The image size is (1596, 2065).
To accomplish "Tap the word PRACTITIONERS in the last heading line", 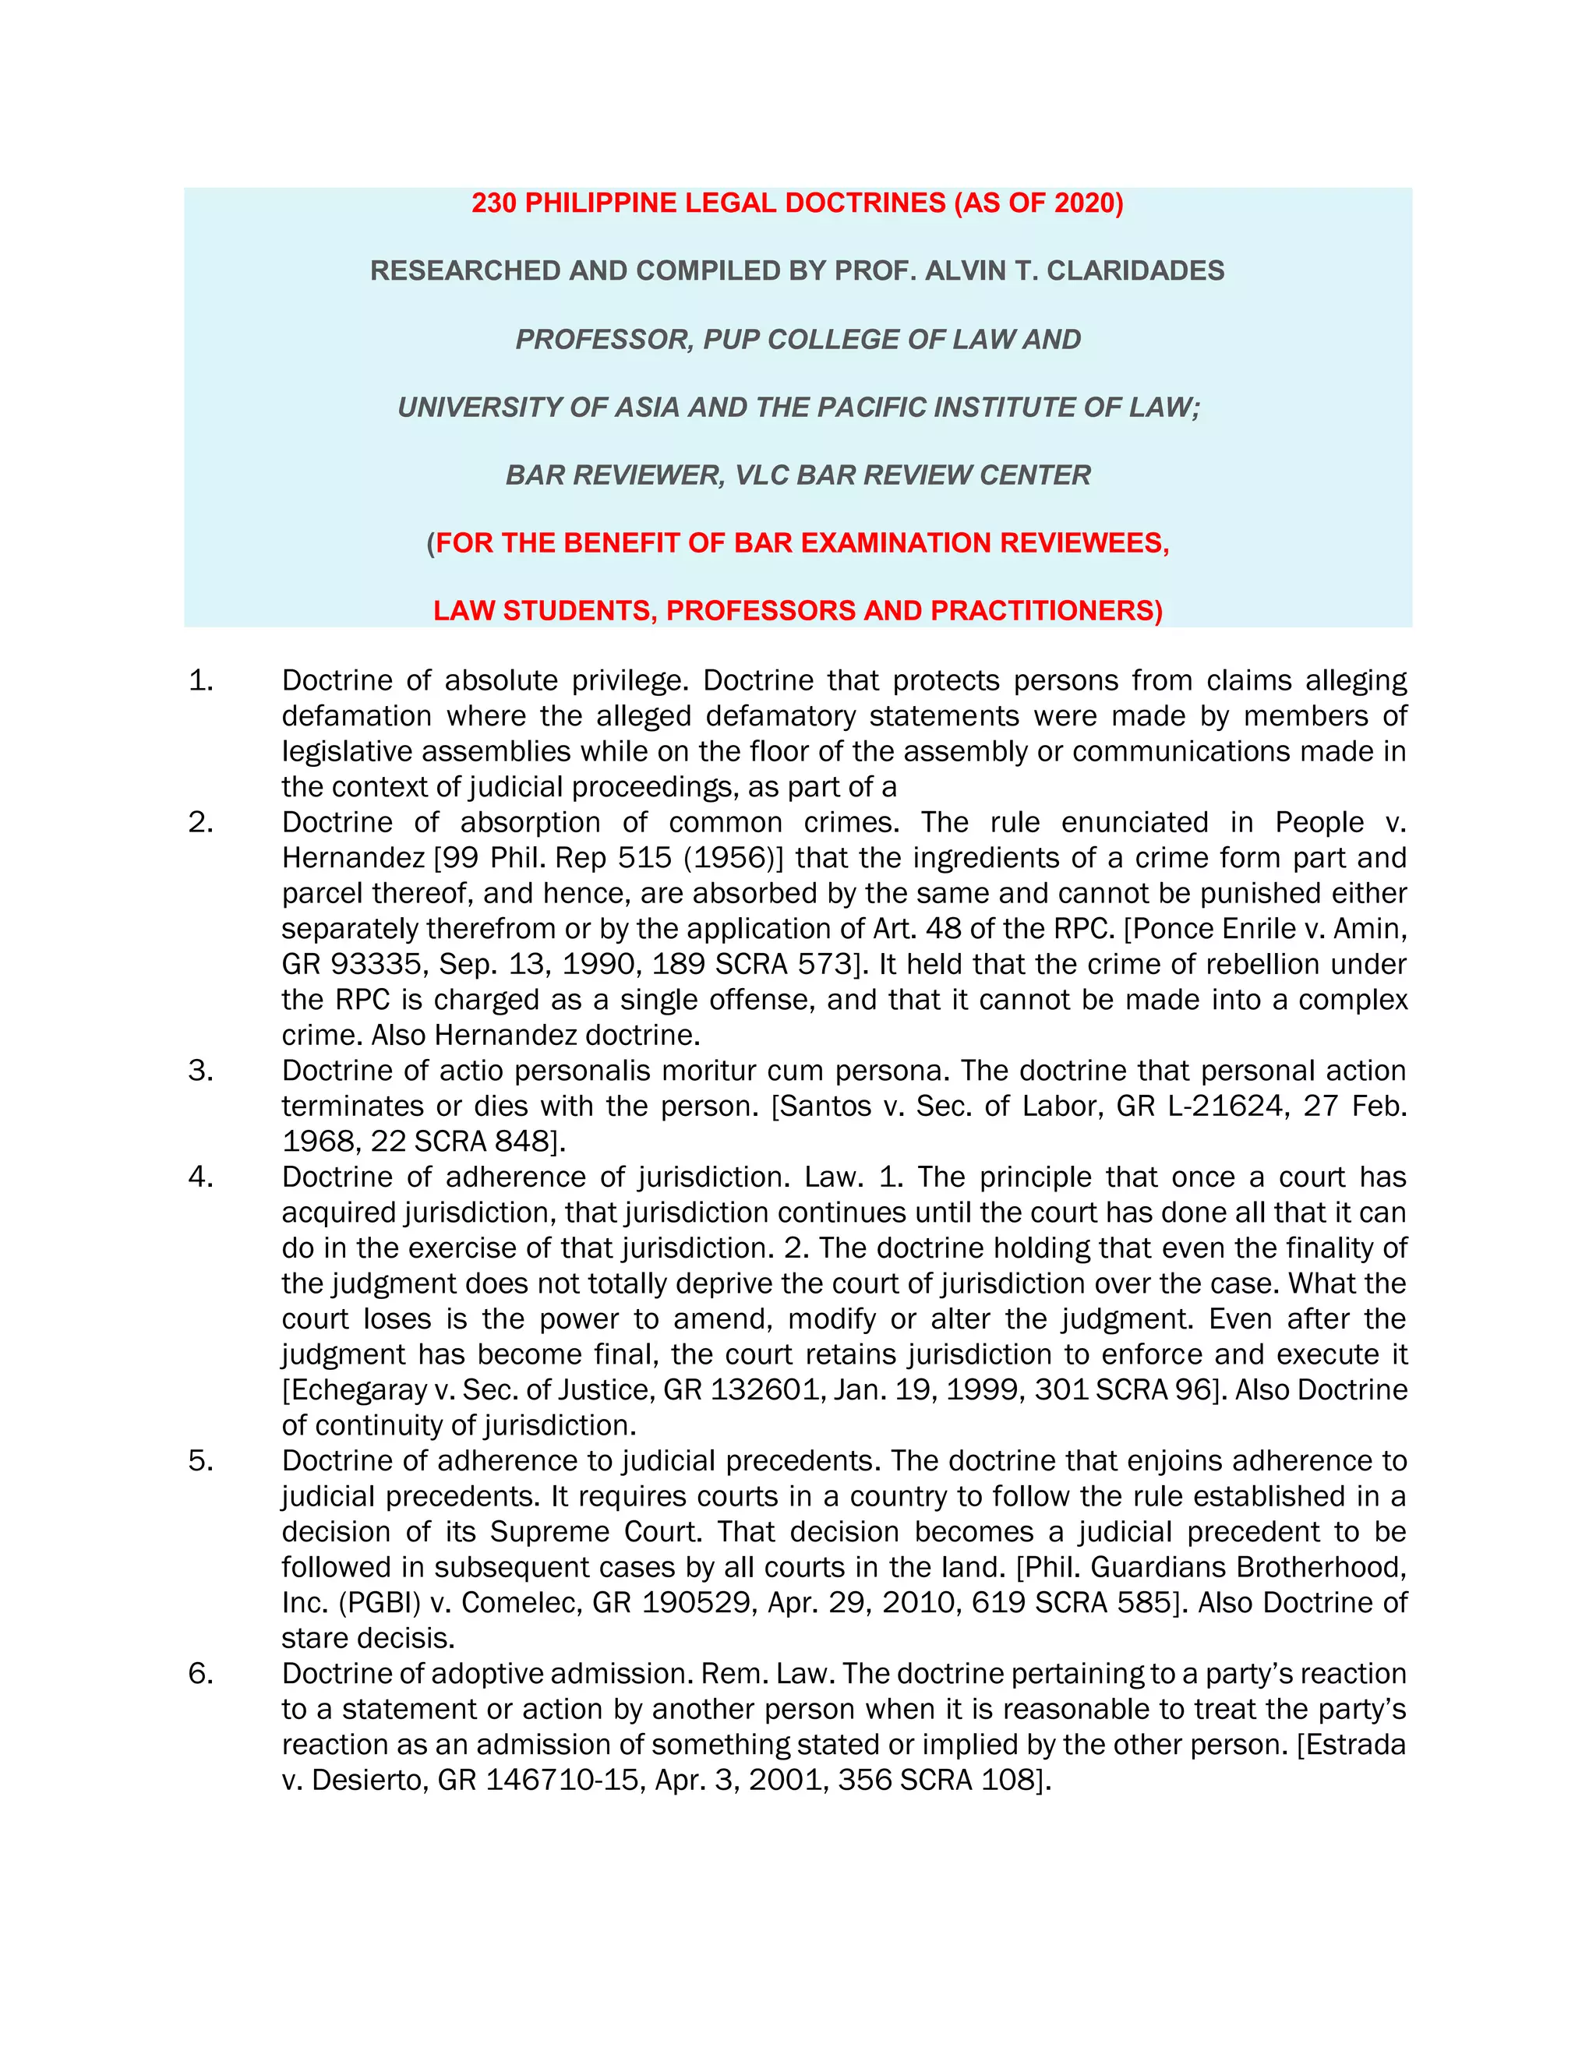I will click(x=1046, y=611).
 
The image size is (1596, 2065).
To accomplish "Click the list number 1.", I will click(x=200, y=681).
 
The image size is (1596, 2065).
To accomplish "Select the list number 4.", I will click(x=200, y=1177).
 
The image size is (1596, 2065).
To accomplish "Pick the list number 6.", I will click(x=200, y=1674).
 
